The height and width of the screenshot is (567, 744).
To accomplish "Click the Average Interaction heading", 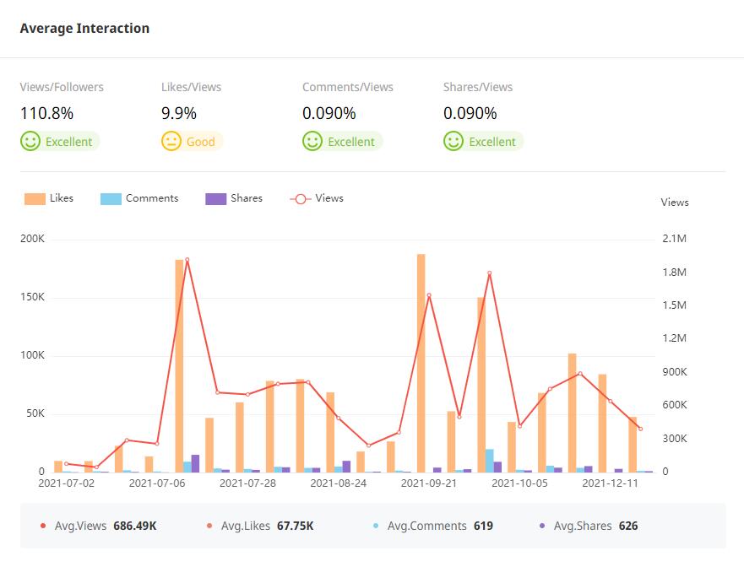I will tap(84, 28).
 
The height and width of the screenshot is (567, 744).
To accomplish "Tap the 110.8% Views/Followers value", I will tap(46, 113).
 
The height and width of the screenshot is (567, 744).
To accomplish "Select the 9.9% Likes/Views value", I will tap(178, 113).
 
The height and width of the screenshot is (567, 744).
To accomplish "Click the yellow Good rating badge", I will tap(192, 142).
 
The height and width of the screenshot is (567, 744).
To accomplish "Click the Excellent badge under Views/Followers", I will tap(60, 142).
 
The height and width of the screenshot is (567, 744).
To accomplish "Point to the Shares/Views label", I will tap(478, 87).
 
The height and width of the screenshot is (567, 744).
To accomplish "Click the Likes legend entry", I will tap(49, 198).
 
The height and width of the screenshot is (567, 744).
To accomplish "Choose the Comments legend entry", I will tap(139, 198).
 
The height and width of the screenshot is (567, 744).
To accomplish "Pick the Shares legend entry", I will tap(234, 198).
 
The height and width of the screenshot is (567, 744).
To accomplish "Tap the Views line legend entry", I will tap(317, 198).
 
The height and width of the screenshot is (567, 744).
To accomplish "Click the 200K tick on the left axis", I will tap(32, 239).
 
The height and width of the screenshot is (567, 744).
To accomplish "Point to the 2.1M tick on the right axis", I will tap(675, 239).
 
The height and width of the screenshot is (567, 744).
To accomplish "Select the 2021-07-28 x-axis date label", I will tap(247, 483).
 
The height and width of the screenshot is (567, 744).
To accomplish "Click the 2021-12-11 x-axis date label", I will tap(611, 483).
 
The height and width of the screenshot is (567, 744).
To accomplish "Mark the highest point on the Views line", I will tap(187, 260).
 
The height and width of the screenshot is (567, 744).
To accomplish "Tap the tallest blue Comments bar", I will tap(489, 461).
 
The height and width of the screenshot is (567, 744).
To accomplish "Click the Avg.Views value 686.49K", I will tap(135, 526).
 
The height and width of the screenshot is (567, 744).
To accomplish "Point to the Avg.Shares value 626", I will tap(628, 526).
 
